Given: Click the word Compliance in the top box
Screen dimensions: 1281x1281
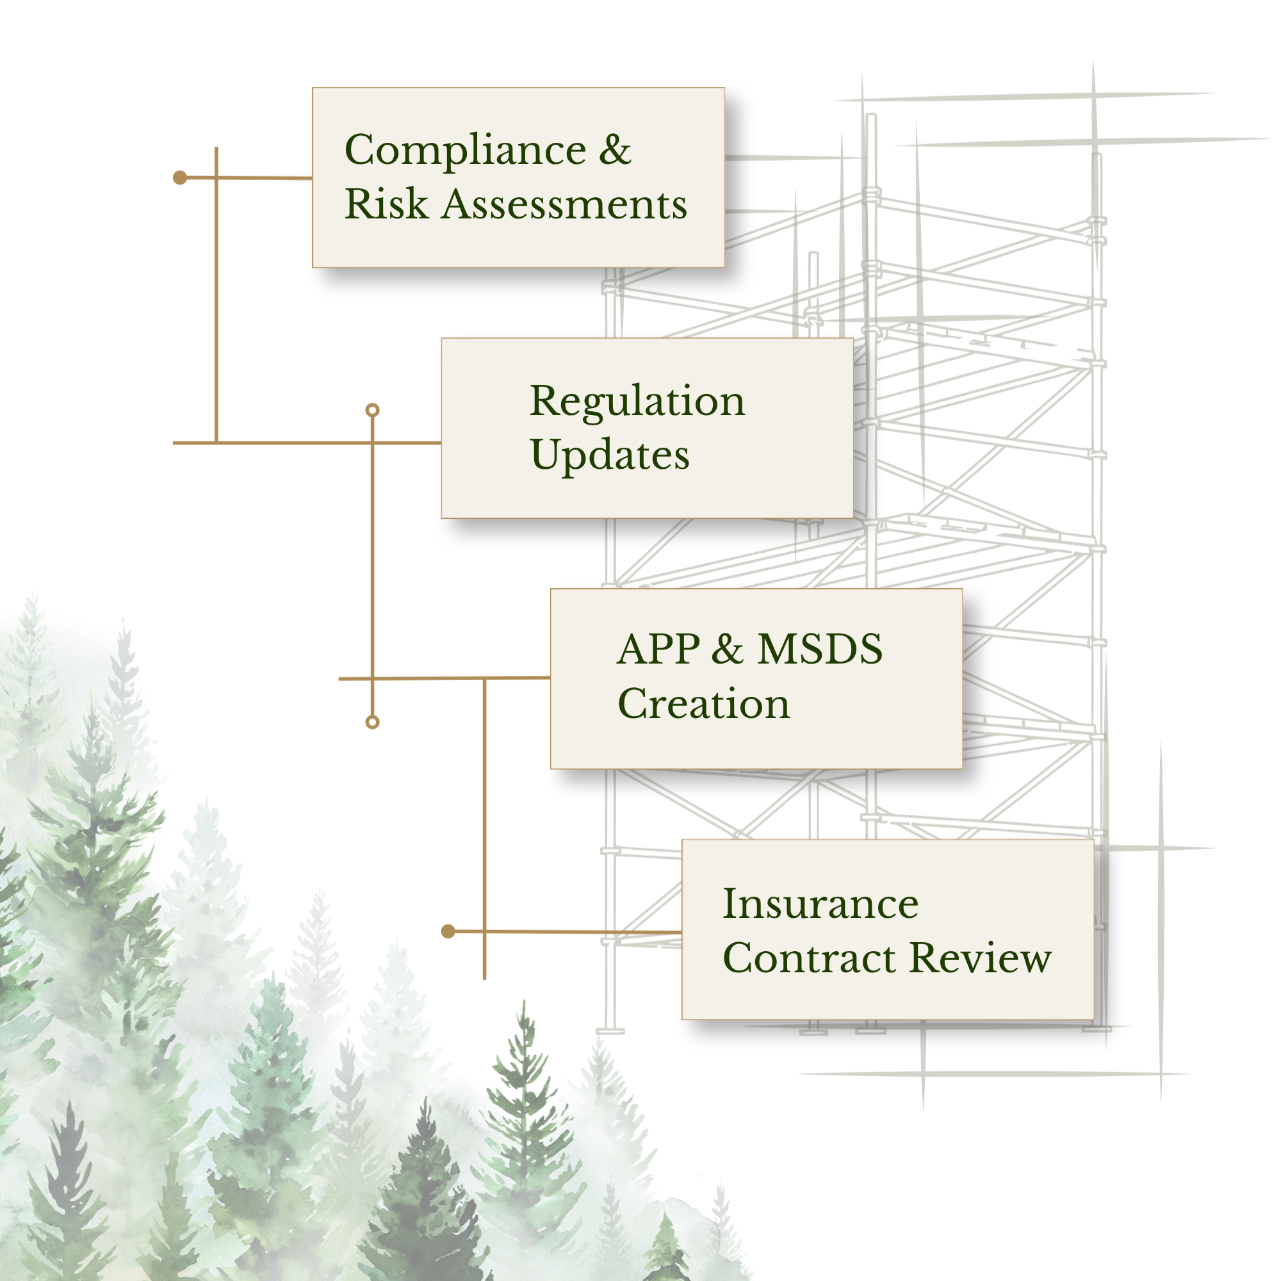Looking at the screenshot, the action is pyautogui.click(x=466, y=150).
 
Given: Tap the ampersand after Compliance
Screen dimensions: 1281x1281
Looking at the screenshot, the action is pyautogui.click(x=615, y=149).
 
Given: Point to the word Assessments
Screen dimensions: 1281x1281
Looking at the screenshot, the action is pyautogui.click(x=564, y=204).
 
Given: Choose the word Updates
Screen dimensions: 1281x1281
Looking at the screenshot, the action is pyautogui.click(x=610, y=456).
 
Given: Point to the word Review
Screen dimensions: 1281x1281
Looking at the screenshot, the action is pyautogui.click(x=981, y=958).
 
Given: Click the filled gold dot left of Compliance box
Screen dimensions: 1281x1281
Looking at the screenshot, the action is pyautogui.click(x=180, y=177).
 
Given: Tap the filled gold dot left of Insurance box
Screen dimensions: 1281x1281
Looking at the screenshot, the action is pyautogui.click(x=448, y=931).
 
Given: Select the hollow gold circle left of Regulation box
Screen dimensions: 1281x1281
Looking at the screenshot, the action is pyautogui.click(x=373, y=411).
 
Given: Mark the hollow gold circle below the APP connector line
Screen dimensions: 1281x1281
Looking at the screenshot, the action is pyautogui.click(x=373, y=722).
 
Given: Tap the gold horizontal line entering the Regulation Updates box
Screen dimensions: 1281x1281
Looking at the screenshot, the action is pyautogui.click(x=307, y=442).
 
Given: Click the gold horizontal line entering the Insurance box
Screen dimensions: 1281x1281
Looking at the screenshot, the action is pyautogui.click(x=565, y=932).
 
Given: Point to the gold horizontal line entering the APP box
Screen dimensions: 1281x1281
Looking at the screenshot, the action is pyautogui.click(x=445, y=678).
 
